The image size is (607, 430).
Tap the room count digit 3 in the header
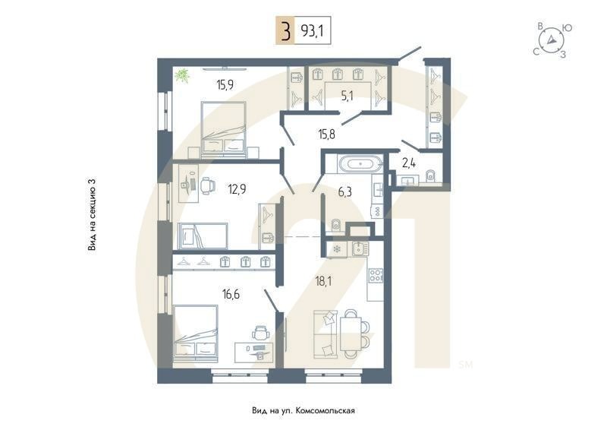pos(285,32)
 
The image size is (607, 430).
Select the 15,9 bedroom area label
pos(225,84)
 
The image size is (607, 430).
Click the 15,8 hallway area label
pos(326,134)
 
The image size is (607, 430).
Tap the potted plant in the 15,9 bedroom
pos(182,74)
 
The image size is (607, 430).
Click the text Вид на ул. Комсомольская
pos(303,410)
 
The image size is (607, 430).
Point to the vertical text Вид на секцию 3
pos(92,215)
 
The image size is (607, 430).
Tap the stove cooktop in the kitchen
pos(375,275)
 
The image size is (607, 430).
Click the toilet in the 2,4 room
pos(429,176)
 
